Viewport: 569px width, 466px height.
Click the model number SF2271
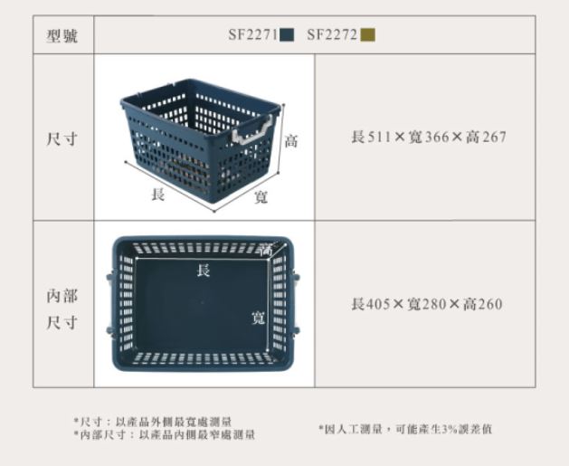253,35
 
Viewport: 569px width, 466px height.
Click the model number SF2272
332,35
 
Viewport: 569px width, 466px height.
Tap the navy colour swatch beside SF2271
287,35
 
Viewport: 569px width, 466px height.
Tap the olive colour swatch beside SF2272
367,35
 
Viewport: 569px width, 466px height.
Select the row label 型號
62,36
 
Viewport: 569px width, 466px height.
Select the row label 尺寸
62,138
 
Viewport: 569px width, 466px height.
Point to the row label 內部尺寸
62,309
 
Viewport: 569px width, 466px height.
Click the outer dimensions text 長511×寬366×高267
429,138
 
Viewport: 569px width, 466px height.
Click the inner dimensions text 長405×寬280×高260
427,304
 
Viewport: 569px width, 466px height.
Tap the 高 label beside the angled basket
291,141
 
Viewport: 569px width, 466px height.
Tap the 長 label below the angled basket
158,195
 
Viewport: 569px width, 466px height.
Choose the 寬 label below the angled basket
261,197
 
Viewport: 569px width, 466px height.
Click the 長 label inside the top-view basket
204,271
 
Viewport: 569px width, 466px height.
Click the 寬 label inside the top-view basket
259,318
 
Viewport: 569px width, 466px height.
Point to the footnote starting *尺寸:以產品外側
153,422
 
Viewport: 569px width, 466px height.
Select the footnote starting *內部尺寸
165,434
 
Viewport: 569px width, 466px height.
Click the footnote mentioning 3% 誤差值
405,429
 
